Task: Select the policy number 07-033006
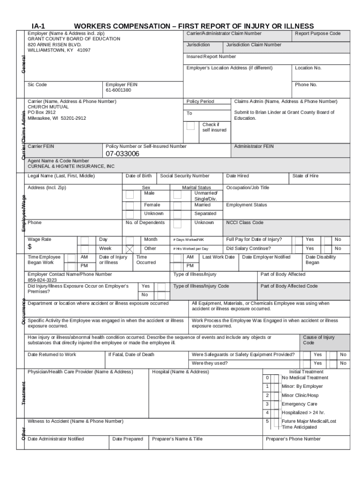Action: (x=122, y=154)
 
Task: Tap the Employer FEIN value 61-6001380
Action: (x=118, y=90)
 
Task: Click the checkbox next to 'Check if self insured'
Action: (x=190, y=126)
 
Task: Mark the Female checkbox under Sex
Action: (x=129, y=205)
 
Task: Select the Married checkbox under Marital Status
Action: (x=177, y=205)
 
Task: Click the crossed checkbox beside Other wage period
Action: (x=130, y=249)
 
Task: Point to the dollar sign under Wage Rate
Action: (x=30, y=247)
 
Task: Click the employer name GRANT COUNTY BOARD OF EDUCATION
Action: (x=74, y=39)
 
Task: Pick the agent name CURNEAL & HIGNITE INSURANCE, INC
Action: (x=71, y=166)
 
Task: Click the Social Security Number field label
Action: (x=185, y=176)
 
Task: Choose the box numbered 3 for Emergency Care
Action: (x=267, y=404)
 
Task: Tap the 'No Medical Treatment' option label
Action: (x=305, y=377)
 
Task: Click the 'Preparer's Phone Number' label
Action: (x=293, y=439)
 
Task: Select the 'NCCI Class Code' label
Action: (x=245, y=223)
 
